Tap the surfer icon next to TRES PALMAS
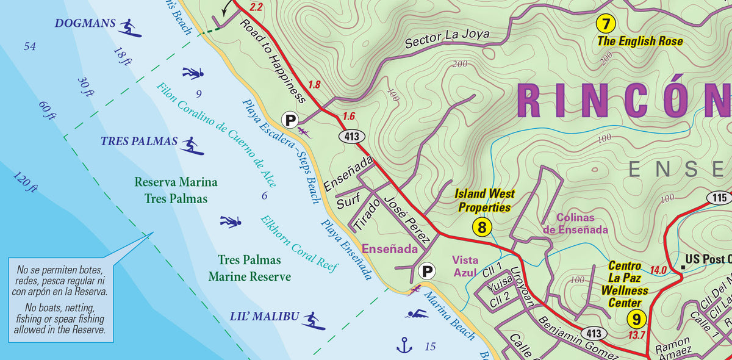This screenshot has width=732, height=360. pyautogui.click(x=192, y=145)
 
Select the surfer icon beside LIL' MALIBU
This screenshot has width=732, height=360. pyautogui.click(x=312, y=320)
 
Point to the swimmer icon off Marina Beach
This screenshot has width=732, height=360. pyautogui.click(x=418, y=314)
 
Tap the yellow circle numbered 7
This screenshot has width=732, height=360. pyautogui.click(x=605, y=24)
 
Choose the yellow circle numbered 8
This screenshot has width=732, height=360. pyautogui.click(x=482, y=228)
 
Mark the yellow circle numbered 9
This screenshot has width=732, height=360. pyautogui.click(x=636, y=319)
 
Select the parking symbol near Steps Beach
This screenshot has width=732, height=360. pyautogui.click(x=290, y=119)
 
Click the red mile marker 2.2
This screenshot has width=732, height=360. pyautogui.click(x=256, y=8)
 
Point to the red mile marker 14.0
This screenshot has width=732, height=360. pyautogui.click(x=658, y=270)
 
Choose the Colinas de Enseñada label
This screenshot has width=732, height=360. pyautogui.click(x=575, y=223)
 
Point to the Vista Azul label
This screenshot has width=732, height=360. pyautogui.click(x=465, y=266)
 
